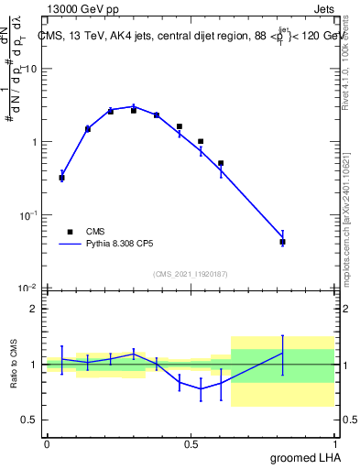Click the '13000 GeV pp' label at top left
83,8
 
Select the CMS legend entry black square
68,233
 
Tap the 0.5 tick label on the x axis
191,443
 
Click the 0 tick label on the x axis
48,443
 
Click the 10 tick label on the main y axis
29,70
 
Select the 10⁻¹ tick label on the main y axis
27,214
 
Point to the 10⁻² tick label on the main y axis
27,288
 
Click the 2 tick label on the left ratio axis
34,309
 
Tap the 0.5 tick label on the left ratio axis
29,420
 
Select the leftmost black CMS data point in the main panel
61,178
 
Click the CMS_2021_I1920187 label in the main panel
191,274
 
